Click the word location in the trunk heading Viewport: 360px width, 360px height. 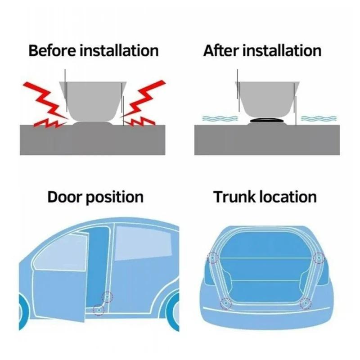tap(288, 197)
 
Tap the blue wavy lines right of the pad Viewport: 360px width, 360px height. tap(318, 118)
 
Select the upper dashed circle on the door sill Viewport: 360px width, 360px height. tap(107, 297)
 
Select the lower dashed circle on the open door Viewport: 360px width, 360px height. tap(98, 309)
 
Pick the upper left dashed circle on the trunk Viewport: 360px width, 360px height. tap(211, 258)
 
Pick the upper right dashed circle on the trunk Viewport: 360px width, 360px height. tap(319, 258)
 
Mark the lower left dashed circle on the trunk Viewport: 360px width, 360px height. tap(225, 304)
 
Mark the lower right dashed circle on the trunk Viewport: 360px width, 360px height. tap(306, 304)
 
